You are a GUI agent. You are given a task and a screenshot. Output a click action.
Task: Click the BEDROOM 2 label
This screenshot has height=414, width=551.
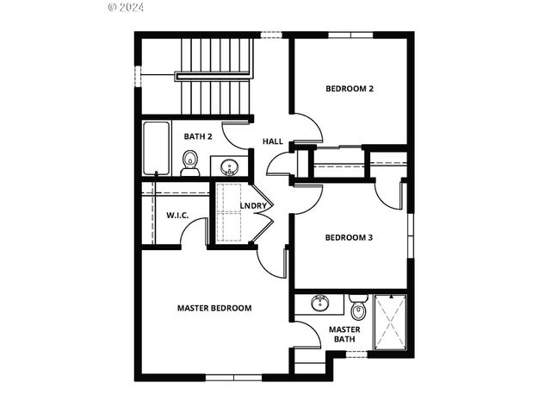tap(349, 89)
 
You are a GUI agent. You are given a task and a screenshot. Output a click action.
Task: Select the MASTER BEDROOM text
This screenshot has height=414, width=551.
tap(214, 308)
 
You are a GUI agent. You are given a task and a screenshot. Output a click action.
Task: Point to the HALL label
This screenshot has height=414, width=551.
tap(273, 141)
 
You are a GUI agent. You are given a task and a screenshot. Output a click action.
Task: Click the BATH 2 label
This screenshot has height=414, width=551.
tap(198, 136)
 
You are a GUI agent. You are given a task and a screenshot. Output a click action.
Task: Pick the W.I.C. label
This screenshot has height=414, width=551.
tap(177, 215)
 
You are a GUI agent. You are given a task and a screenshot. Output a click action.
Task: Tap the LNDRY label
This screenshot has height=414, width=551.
tap(253, 205)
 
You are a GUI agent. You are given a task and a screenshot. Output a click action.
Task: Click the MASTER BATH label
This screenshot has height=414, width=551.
tap(344, 334)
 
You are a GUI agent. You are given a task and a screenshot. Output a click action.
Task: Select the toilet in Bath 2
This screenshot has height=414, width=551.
tap(190, 162)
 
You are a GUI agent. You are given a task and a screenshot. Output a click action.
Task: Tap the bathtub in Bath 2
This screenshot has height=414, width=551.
tap(157, 148)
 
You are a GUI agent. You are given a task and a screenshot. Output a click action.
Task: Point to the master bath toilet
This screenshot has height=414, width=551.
tap(359, 306)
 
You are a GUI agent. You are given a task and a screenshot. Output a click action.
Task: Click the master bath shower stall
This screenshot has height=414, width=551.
tap(389, 323)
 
